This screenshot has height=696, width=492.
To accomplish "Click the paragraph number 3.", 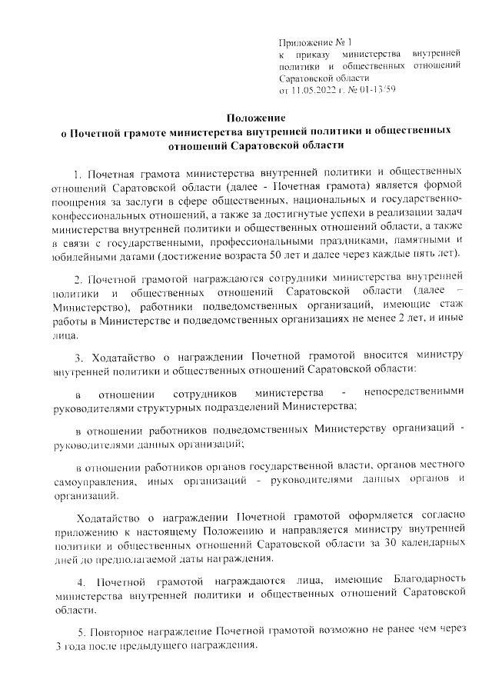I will pyautogui.click(x=77, y=356).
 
